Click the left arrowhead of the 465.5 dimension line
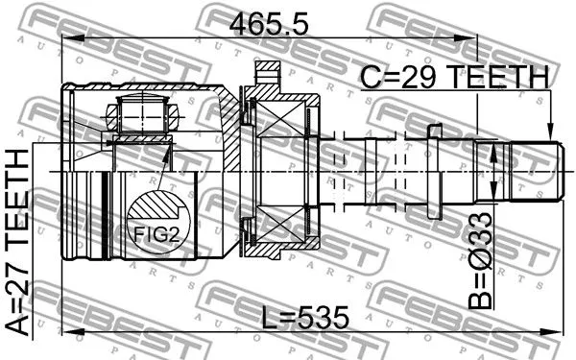tap(67, 38)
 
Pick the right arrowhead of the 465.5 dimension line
tap(486, 38)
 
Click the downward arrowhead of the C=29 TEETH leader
tap(550, 136)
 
